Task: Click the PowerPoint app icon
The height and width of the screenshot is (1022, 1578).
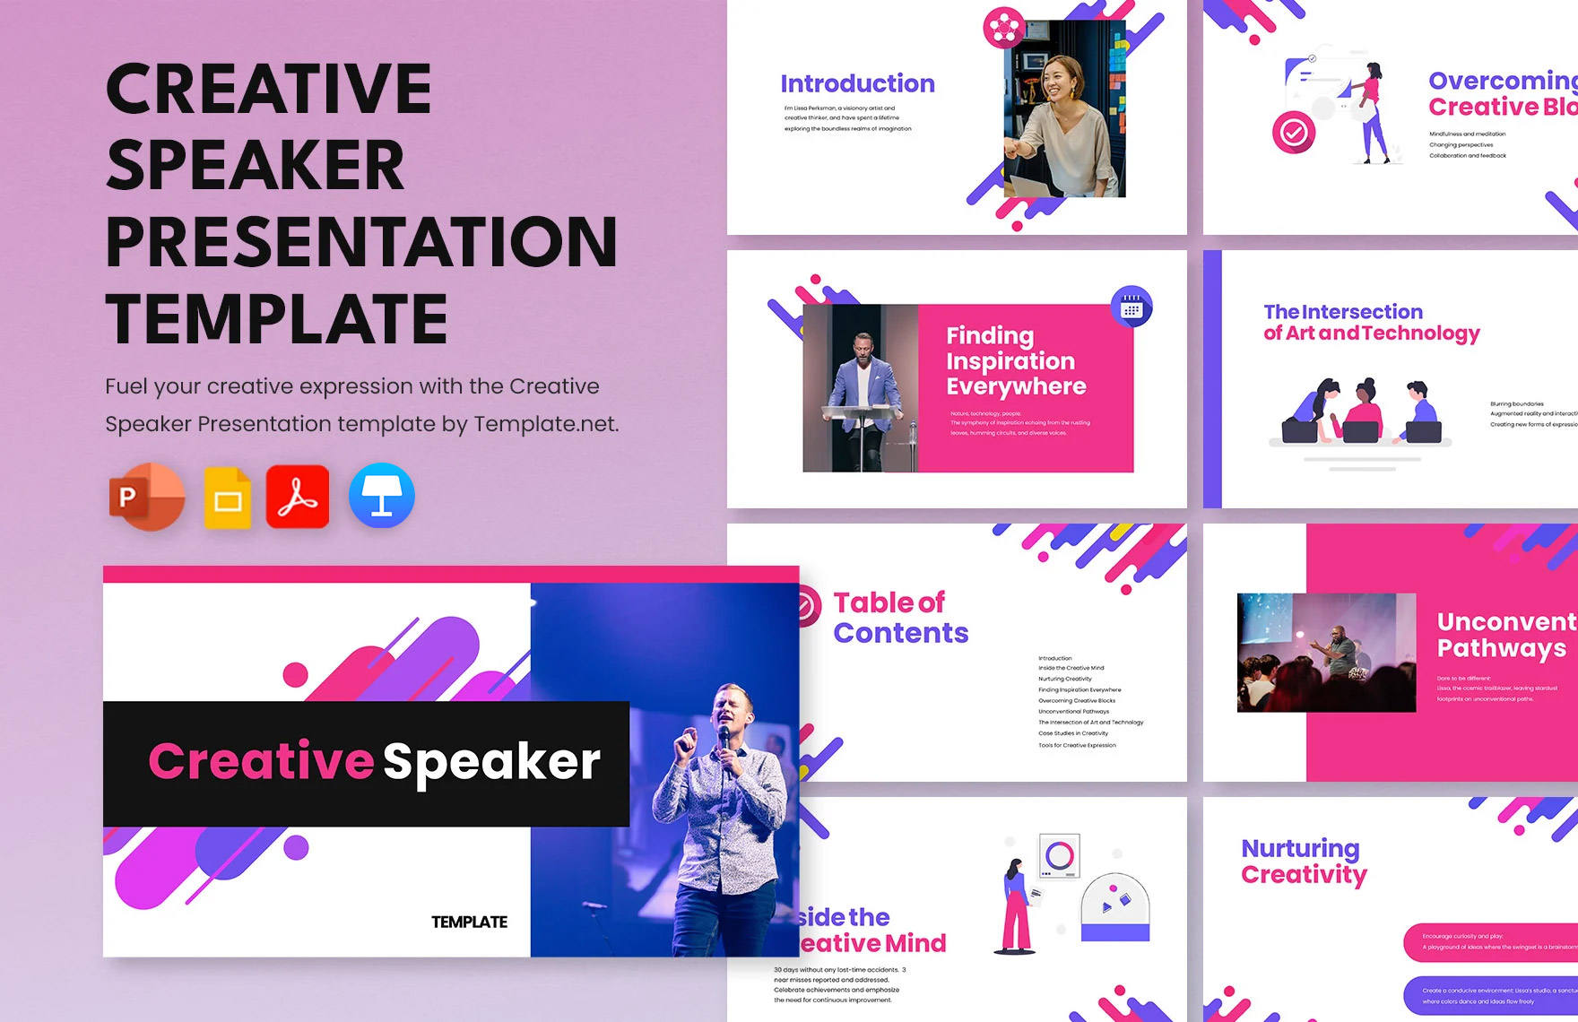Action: [146, 497]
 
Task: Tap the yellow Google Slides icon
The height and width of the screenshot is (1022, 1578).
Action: [227, 498]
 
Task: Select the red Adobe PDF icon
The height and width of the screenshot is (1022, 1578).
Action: [298, 497]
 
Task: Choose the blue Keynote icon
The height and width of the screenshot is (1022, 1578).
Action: [382, 496]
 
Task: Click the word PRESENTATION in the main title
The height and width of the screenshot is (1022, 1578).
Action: [361, 242]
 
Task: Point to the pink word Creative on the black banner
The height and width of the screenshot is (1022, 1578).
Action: [261, 761]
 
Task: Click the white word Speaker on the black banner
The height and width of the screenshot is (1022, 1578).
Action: [491, 763]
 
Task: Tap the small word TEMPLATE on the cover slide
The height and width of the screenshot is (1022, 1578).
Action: [469, 922]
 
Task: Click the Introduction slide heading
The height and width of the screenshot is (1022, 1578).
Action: [857, 83]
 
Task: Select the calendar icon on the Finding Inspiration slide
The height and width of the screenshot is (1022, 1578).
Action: [1131, 308]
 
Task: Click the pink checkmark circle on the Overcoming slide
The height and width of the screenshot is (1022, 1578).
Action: [1293, 133]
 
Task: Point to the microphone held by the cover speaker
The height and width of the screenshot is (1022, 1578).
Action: [724, 738]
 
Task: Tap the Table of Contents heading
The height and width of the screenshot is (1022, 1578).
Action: [900, 618]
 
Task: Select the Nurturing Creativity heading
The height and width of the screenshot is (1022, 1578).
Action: [1304, 861]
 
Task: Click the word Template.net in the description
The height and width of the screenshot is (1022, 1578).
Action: [545, 424]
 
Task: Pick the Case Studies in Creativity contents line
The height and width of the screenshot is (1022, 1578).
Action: [1073, 733]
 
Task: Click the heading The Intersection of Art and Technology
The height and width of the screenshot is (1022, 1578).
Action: [1371, 323]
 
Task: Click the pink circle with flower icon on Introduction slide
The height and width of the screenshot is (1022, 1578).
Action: [1004, 28]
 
